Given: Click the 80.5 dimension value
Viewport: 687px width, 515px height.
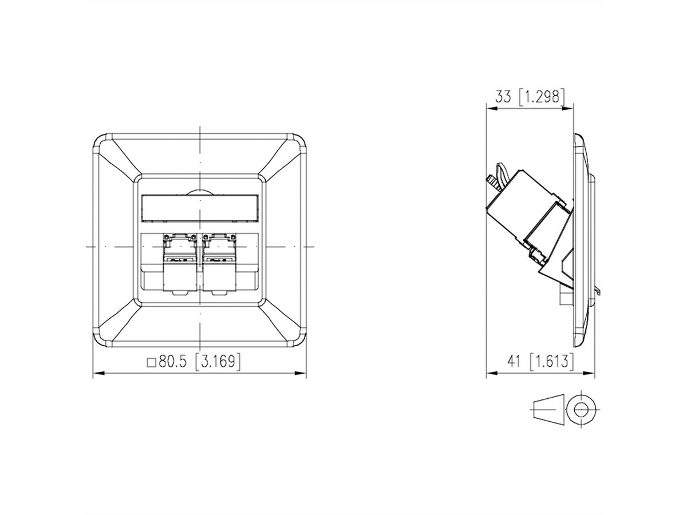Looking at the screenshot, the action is click(172, 362).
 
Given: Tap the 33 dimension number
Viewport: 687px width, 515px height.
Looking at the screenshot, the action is click(503, 96).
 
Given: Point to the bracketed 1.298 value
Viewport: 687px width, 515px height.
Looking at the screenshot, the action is click(542, 96).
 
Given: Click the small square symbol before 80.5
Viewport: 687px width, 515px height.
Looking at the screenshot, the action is click(152, 362).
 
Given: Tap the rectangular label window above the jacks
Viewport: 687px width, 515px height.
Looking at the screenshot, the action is click(200, 208).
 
